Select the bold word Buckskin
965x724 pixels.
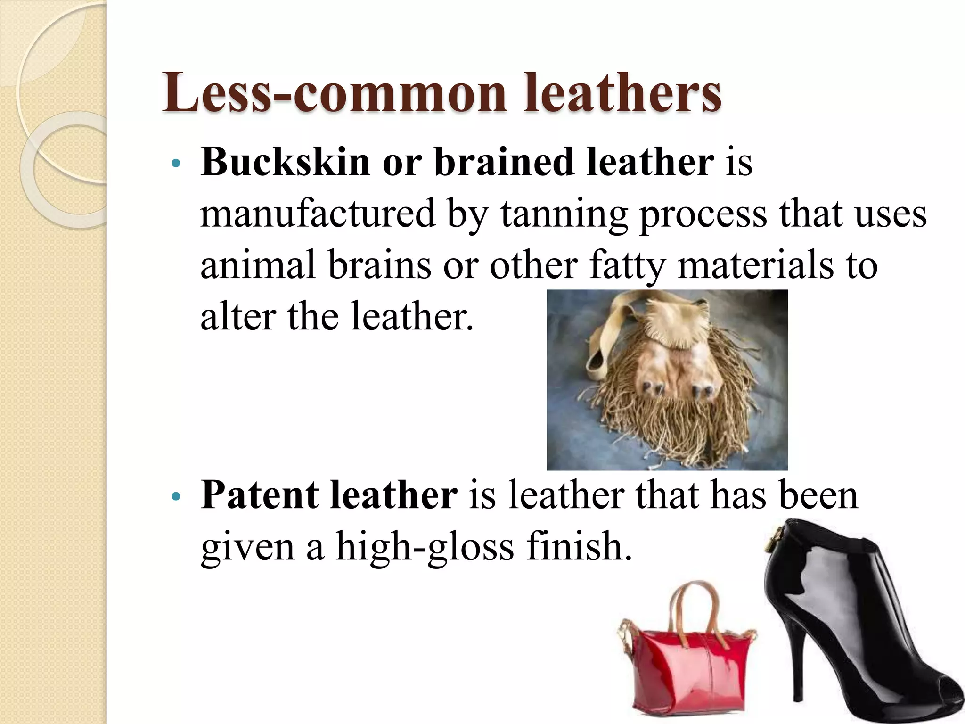(285, 162)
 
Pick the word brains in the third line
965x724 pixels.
(379, 265)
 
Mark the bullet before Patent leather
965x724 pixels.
(176, 497)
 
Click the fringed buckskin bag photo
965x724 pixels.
(667, 379)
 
